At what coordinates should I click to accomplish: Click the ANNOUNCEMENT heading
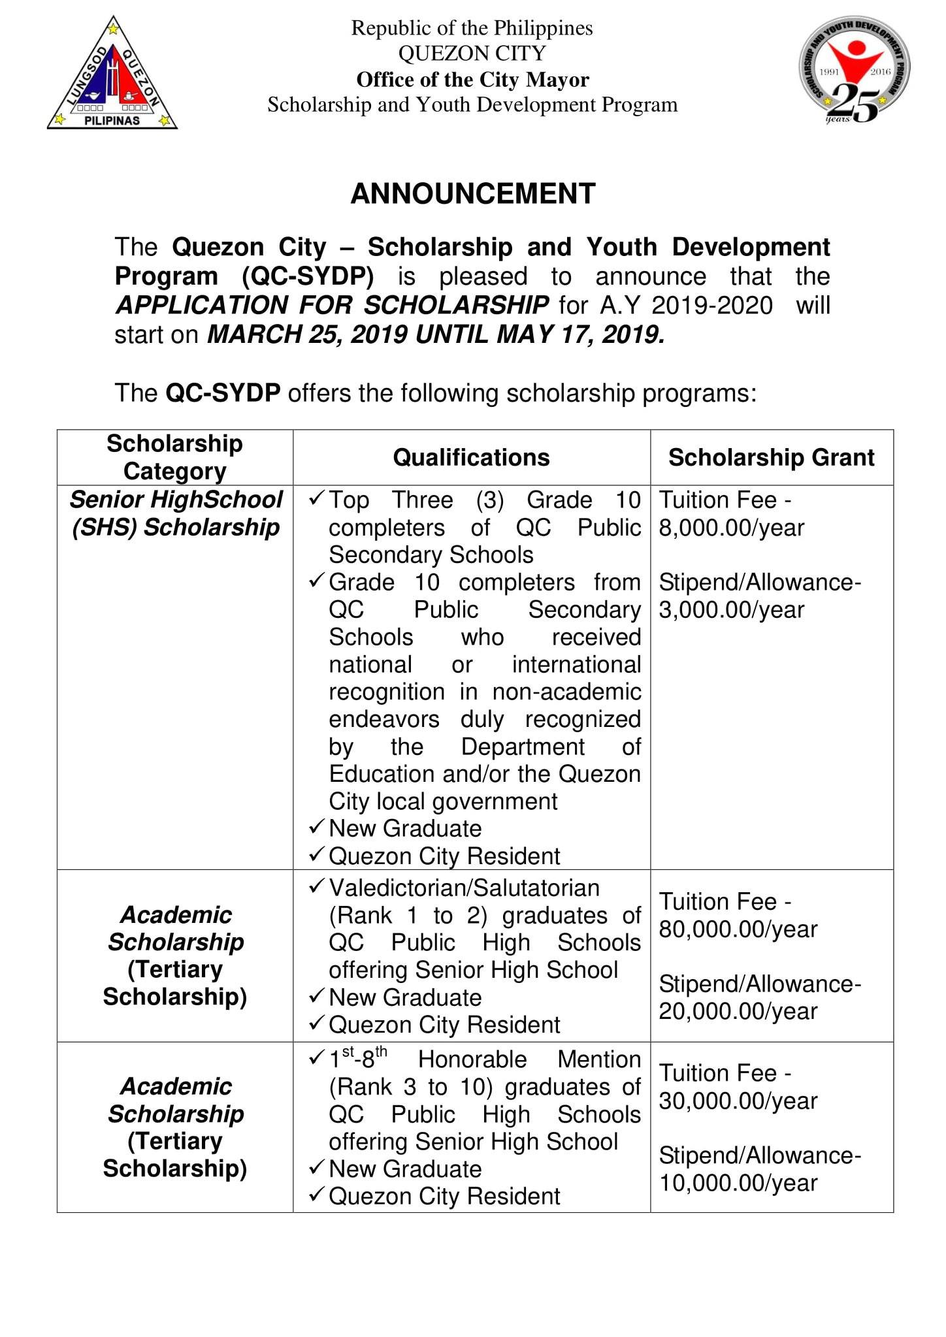(472, 194)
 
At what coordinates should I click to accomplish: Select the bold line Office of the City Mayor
(472, 80)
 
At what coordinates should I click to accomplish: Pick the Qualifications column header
(471, 457)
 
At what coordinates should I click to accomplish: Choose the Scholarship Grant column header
(771, 457)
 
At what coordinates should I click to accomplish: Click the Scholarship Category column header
(174, 457)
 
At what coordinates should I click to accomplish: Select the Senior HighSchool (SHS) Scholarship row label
(176, 513)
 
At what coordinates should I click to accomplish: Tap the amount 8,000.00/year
(731, 528)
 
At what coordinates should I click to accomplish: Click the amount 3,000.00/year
(731, 610)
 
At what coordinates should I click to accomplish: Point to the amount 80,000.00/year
(738, 929)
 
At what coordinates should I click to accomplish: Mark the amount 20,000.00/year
(738, 1012)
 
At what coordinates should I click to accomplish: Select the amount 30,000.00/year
(738, 1101)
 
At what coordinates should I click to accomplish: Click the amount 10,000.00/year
(738, 1184)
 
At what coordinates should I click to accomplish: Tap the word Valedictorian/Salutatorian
(464, 888)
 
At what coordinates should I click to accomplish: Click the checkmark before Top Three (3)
(316, 499)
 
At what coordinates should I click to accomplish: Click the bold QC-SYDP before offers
(223, 393)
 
